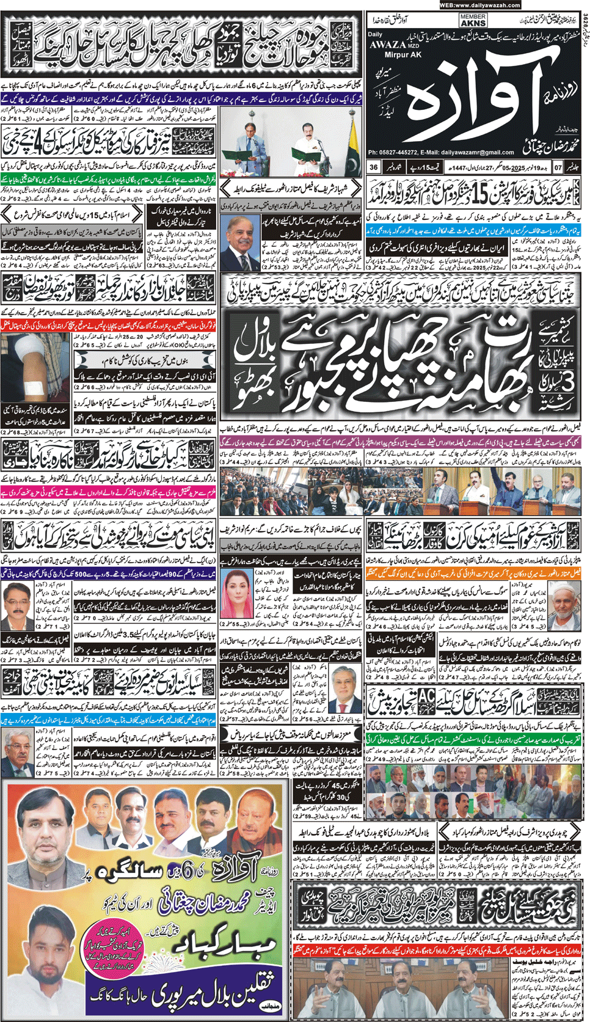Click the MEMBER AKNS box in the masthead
pyautogui.click(x=473, y=20)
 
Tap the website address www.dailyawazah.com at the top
pyautogui.click(x=479, y=5)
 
